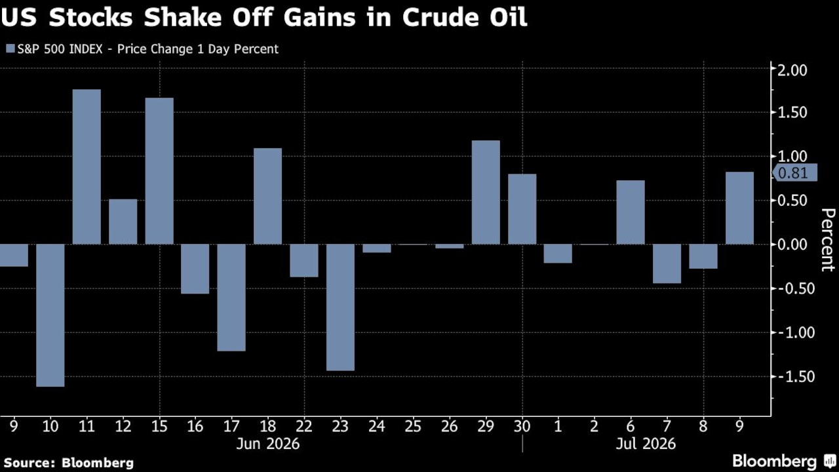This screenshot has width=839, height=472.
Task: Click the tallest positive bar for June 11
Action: coord(87,167)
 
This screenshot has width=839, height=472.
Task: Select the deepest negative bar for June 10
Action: coord(50,315)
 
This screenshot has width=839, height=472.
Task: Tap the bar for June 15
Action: coord(159,171)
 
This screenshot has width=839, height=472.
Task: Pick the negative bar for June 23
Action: coord(340,307)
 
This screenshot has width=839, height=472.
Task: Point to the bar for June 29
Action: coord(486,193)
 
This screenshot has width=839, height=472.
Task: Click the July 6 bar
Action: coord(631,212)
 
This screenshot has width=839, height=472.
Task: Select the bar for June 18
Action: coord(268,196)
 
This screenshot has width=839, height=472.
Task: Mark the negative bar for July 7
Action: coord(667,264)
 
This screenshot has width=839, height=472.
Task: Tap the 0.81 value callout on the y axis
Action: coord(795,173)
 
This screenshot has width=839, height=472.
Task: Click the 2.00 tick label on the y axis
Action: coord(792,70)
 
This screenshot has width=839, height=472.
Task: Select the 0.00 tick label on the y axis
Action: coord(792,245)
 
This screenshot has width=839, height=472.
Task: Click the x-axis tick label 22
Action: coord(303,426)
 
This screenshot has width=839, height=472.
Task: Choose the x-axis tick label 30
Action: coord(522,426)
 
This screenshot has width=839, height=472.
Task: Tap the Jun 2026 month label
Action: coord(268,444)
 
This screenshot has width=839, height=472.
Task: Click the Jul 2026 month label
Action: coord(646,444)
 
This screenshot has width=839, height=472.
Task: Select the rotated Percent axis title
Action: coord(828,240)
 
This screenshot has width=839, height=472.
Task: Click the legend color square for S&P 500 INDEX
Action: coord(10,49)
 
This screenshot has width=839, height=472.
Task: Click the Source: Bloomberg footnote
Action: coord(69,463)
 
